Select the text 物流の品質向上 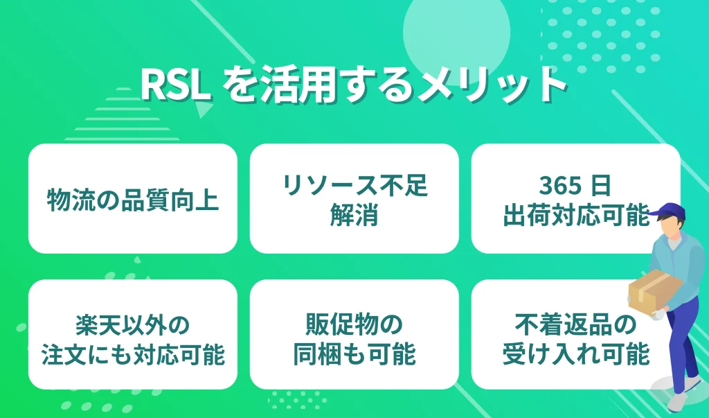[132, 199]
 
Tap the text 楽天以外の [132, 324]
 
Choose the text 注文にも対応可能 [132, 354]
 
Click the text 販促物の [354, 324]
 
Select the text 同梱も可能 [354, 354]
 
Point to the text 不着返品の [575, 324]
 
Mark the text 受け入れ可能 [575, 354]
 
